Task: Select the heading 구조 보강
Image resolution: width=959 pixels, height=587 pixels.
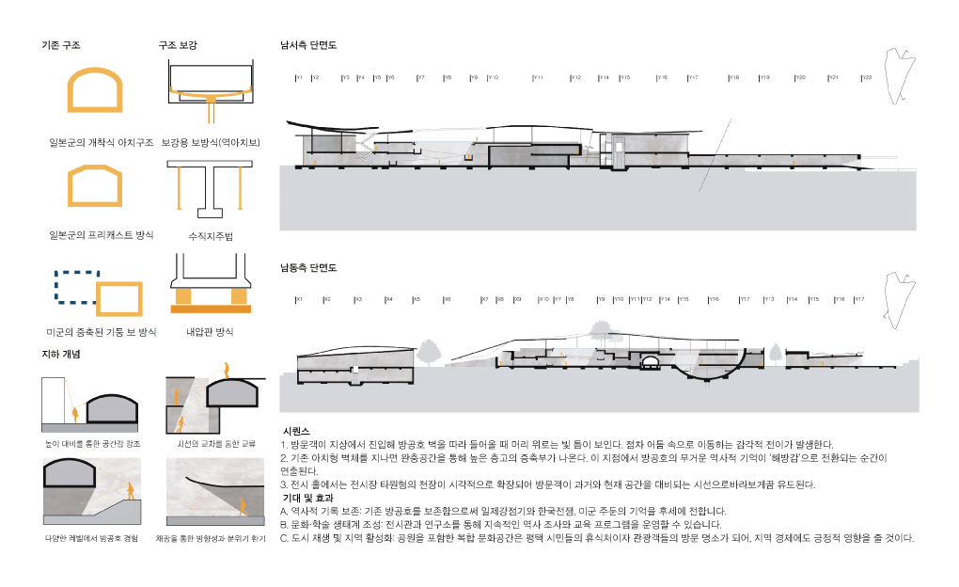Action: click(178, 44)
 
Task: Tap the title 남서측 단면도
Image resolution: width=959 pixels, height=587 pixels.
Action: click(308, 44)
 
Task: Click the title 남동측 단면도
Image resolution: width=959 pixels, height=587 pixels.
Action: click(308, 268)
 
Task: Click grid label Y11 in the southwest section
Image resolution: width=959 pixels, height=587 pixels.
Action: click(537, 77)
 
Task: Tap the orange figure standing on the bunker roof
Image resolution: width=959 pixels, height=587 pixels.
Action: click(225, 368)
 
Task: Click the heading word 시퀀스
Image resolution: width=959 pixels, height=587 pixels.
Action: click(296, 429)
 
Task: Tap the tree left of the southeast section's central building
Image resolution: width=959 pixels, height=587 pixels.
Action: click(429, 354)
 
